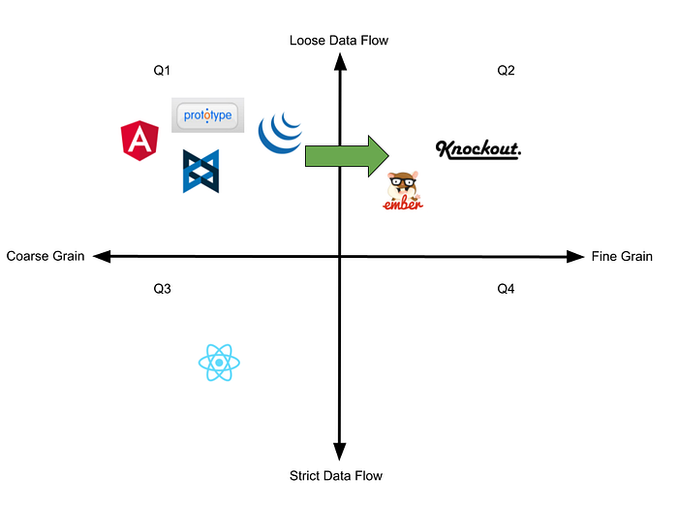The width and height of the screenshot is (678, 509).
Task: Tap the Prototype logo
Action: click(x=207, y=116)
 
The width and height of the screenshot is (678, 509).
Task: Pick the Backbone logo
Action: click(x=200, y=171)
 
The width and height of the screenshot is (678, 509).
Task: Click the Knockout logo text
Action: click(x=478, y=149)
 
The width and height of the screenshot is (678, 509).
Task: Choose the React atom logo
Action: click(x=219, y=364)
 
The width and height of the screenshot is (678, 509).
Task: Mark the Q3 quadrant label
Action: click(x=163, y=289)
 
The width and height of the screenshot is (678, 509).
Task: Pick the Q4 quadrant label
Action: click(x=507, y=289)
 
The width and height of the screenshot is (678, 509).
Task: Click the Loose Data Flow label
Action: click(x=339, y=40)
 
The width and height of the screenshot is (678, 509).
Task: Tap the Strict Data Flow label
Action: click(x=336, y=475)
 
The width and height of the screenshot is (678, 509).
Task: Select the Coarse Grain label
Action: click(x=45, y=257)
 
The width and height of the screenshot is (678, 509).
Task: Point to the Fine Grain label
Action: click(x=622, y=257)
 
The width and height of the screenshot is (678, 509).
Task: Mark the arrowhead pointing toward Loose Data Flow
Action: click(x=340, y=61)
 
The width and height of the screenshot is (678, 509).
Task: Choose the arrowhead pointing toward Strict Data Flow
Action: click(x=340, y=453)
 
